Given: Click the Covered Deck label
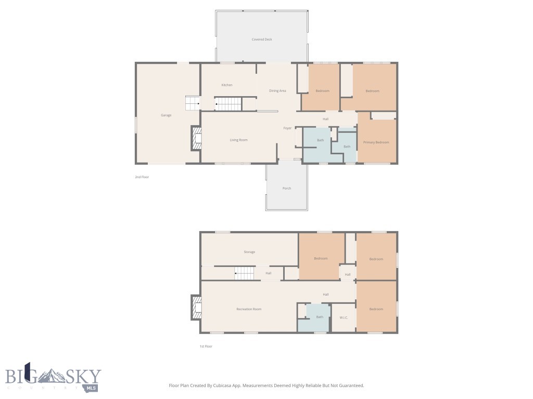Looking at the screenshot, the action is pyautogui.click(x=262, y=39).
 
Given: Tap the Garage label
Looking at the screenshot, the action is pyautogui.click(x=166, y=115).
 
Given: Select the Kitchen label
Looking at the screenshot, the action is pyautogui.click(x=227, y=85).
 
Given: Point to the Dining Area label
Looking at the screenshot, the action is pyautogui.click(x=277, y=91).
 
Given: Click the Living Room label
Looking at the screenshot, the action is pyautogui.click(x=238, y=140).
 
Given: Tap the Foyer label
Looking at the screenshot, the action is pyautogui.click(x=287, y=128).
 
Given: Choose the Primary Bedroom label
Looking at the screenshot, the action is pyautogui.click(x=376, y=142).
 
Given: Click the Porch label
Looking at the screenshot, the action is pyautogui.click(x=287, y=188).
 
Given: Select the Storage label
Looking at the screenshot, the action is pyautogui.click(x=249, y=252).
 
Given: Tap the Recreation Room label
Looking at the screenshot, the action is pyautogui.click(x=249, y=309).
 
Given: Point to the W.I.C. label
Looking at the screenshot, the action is pyautogui.click(x=344, y=317).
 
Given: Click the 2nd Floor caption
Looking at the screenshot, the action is pyautogui.click(x=142, y=177).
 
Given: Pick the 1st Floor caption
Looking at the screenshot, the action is pyautogui.click(x=206, y=347).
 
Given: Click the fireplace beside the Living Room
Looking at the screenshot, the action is pyautogui.click(x=196, y=138).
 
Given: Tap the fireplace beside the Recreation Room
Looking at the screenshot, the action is pyautogui.click(x=196, y=308).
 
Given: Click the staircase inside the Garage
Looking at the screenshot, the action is pyautogui.click(x=193, y=103).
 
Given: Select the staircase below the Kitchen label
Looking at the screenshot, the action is pyautogui.click(x=228, y=104).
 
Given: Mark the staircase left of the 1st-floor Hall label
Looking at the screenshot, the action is pyautogui.click(x=245, y=273).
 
